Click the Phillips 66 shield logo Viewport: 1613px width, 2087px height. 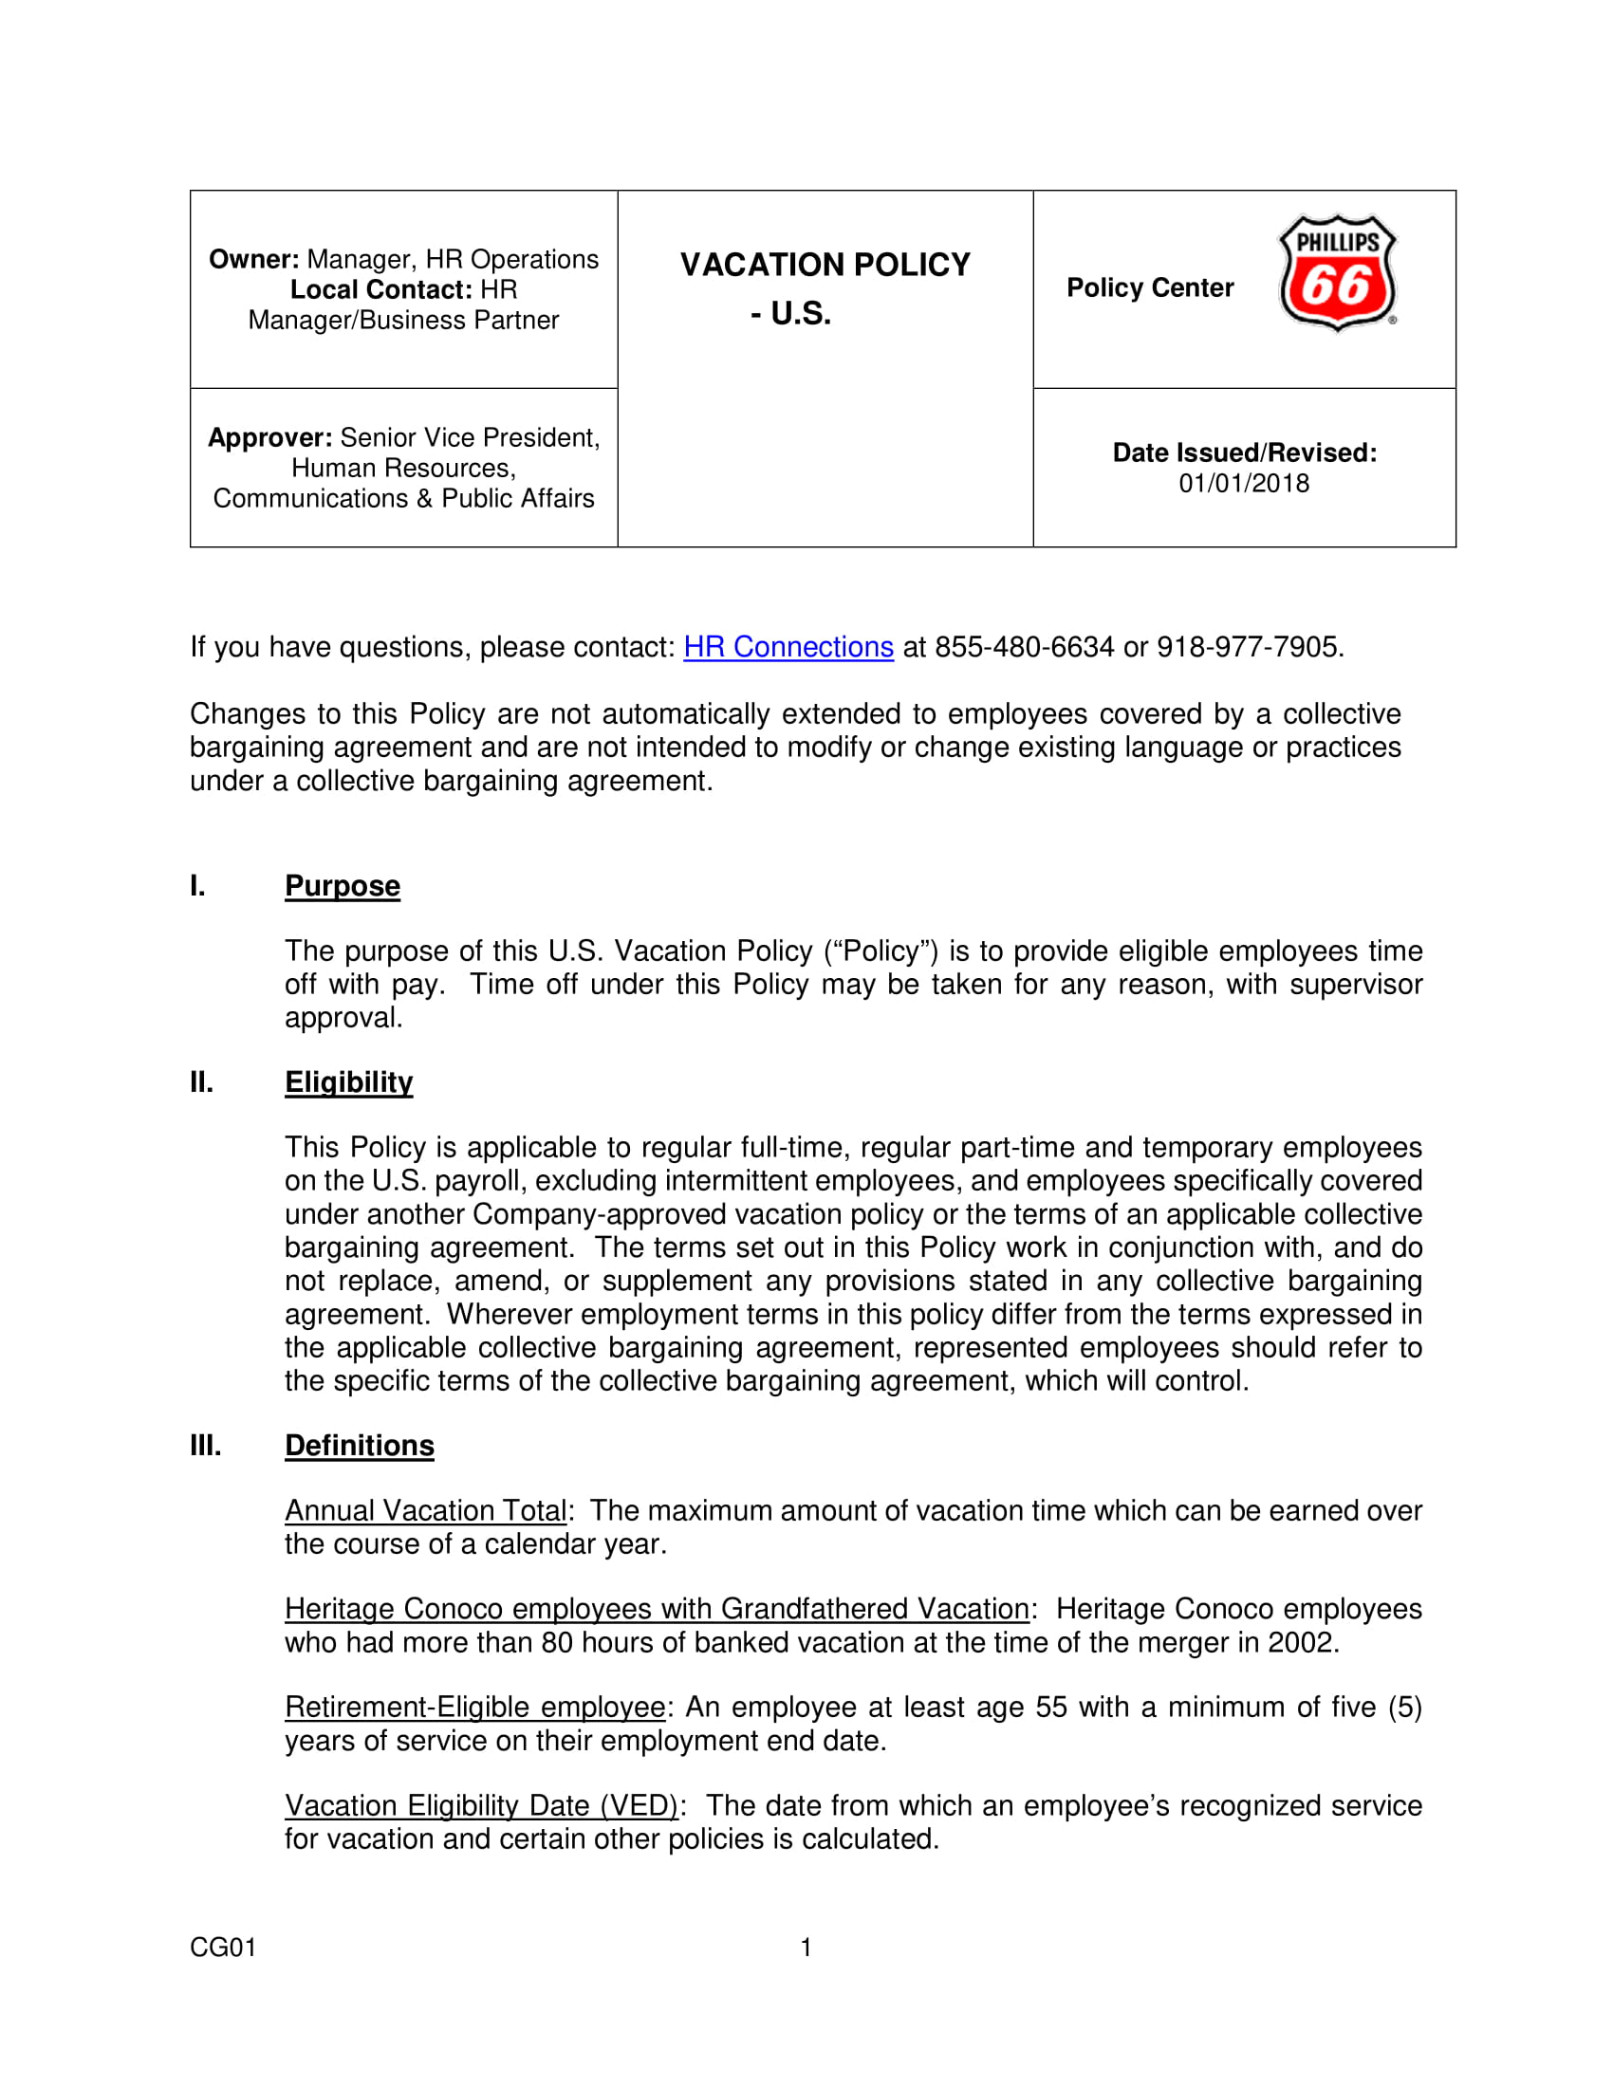point(1337,273)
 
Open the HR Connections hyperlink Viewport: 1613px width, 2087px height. point(788,647)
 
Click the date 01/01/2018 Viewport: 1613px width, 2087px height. point(1243,484)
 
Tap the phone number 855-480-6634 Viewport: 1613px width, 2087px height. point(1024,647)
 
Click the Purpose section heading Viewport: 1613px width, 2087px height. point(343,886)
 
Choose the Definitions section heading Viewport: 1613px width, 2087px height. point(360,1445)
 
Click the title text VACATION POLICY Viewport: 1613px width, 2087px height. point(825,265)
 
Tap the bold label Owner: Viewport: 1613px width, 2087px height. point(254,259)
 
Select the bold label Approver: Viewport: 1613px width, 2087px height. point(270,437)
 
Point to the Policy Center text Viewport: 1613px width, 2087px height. point(1150,287)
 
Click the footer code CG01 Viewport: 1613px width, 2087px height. point(223,1948)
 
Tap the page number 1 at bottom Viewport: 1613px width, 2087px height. point(806,1948)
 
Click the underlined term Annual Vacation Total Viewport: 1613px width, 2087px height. point(426,1511)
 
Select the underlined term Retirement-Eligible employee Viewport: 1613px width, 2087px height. point(475,1707)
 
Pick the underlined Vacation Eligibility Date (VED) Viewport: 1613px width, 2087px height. point(482,1805)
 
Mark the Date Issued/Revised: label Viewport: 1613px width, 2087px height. point(1244,452)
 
